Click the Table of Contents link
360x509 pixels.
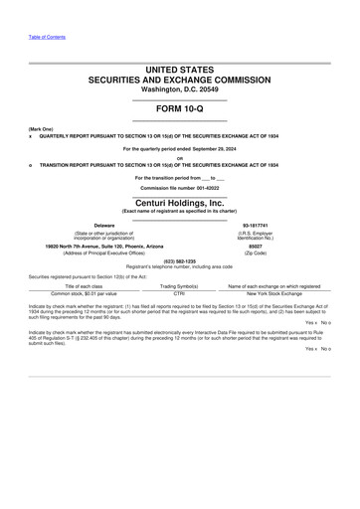[x=47, y=36]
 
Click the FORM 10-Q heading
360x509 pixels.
[x=179, y=107]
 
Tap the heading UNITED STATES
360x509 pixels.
[x=179, y=70]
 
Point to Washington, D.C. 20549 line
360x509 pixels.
[x=179, y=88]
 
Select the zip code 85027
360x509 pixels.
[x=255, y=246]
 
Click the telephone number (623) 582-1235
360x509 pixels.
[x=179, y=261]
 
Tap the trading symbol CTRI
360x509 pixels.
[x=179, y=293]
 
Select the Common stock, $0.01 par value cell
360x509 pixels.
[x=84, y=293]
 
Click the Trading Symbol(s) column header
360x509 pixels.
[x=179, y=285]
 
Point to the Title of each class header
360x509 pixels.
[x=84, y=285]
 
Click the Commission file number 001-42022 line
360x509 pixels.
[x=179, y=187]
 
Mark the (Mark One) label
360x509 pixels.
[x=41, y=129]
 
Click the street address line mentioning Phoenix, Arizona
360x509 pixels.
[x=104, y=246]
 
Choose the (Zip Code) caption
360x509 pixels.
[x=255, y=254]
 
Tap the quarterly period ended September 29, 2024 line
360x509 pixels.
[x=179, y=148]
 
